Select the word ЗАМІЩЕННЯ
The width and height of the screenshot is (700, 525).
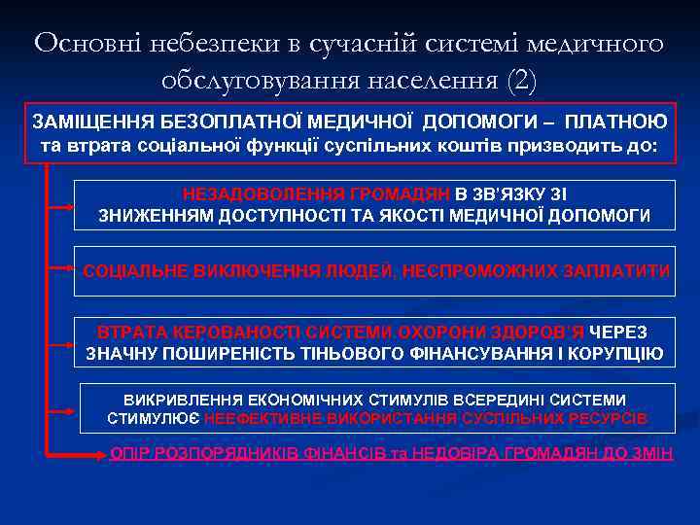(87, 122)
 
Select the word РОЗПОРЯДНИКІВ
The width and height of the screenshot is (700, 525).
(224, 453)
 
